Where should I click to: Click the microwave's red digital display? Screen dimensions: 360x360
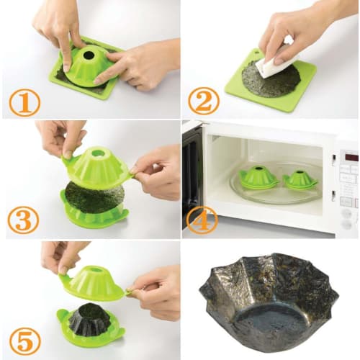point(351,156)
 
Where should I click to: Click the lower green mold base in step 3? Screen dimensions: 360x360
point(94,216)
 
